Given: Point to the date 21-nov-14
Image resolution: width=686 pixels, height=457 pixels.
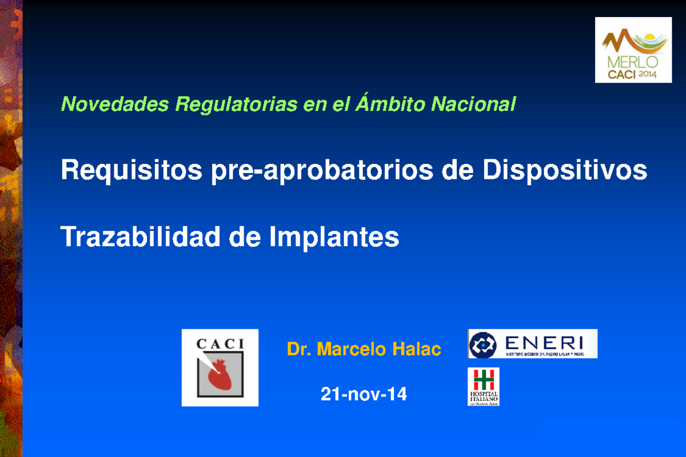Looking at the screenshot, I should (364, 394).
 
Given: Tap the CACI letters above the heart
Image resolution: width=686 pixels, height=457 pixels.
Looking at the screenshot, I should (220, 344).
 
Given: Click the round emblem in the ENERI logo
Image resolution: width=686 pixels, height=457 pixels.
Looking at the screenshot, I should (482, 344).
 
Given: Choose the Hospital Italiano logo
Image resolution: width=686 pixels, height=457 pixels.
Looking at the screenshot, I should (484, 387).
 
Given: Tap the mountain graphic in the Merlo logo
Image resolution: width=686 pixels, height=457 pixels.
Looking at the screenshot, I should (621, 41).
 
